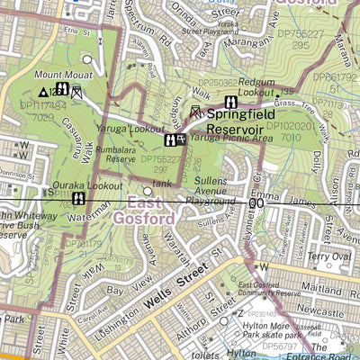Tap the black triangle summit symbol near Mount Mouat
tap(41, 92)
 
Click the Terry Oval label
tap(325, 256)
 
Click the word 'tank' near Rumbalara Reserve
tap(162, 184)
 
